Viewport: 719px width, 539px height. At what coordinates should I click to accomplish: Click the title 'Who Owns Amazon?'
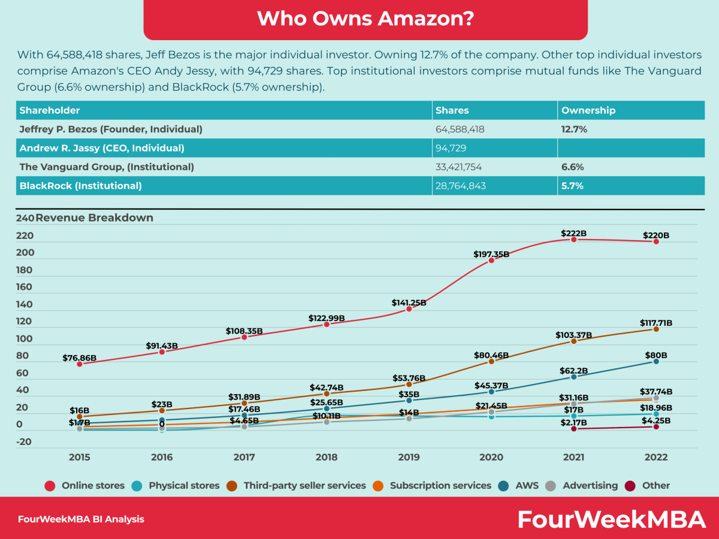click(365, 19)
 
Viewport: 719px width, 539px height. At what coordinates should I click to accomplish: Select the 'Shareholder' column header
click(50, 110)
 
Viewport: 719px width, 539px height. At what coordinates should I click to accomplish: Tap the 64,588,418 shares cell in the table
click(460, 129)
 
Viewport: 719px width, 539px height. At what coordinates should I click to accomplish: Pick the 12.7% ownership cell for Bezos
click(574, 129)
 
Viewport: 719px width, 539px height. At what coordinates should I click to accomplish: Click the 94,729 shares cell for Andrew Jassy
click(451, 148)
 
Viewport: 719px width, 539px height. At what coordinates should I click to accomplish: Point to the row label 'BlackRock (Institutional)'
click(81, 186)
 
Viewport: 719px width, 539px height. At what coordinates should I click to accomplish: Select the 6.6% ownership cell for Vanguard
click(572, 167)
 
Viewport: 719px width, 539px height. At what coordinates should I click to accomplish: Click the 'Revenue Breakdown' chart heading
click(94, 218)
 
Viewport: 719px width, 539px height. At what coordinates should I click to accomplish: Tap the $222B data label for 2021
click(573, 232)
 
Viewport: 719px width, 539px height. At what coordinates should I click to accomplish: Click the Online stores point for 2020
click(491, 261)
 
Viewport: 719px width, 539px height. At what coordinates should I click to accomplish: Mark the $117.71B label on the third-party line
click(656, 323)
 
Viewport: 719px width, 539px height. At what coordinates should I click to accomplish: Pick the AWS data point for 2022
click(656, 361)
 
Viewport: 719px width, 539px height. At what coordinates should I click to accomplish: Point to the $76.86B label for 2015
click(80, 358)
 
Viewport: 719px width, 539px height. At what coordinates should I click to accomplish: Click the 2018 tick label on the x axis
click(327, 457)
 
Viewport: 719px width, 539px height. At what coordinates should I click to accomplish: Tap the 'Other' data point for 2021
click(573, 429)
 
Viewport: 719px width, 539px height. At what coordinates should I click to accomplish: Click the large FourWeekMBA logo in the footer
click(612, 519)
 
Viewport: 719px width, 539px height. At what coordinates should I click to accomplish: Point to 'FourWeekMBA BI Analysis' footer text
click(81, 519)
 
